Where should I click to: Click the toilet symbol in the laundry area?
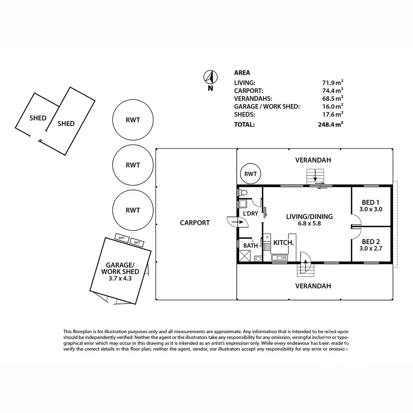click(x=242, y=192)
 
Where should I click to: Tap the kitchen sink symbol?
click(x=280, y=257)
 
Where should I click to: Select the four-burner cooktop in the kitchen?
click(x=267, y=247)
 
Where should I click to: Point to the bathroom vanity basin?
click(x=258, y=259)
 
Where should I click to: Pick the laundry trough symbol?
click(x=242, y=204)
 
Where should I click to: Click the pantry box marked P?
click(x=267, y=237)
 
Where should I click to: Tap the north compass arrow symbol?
click(x=210, y=77)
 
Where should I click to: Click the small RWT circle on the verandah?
click(x=250, y=174)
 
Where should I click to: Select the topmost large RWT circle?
click(x=133, y=120)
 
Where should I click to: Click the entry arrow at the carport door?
click(x=237, y=222)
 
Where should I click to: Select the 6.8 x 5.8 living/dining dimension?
click(x=309, y=223)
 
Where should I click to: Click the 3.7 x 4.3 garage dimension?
click(x=120, y=278)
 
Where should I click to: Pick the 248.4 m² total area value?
click(x=330, y=124)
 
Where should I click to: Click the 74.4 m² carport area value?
click(x=333, y=91)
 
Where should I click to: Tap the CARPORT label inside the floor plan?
click(x=195, y=223)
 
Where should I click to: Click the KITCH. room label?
click(x=283, y=242)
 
